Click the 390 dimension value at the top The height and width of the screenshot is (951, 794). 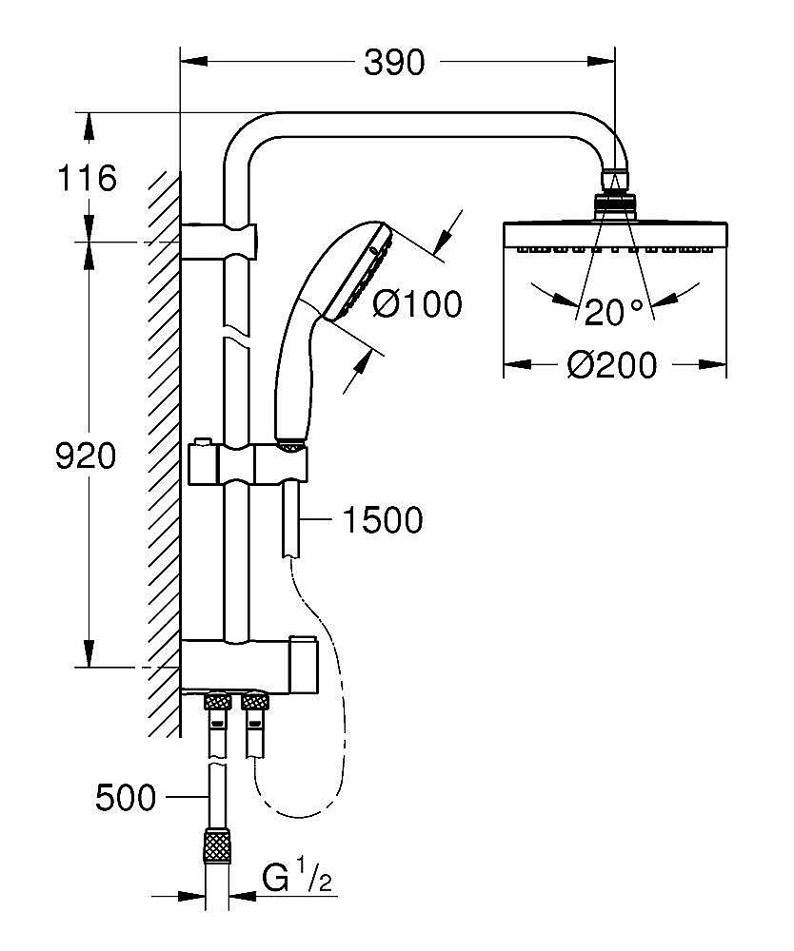394,63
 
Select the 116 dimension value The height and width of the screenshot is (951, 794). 87,178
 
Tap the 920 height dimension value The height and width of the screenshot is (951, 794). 87,456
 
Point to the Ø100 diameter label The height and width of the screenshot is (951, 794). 417,304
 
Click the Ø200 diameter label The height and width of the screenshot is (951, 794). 613,364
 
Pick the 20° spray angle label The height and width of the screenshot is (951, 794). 616,312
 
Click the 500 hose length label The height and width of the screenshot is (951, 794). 126,797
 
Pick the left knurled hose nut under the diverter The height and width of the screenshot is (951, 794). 217,703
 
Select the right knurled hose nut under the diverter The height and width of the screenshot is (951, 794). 254,703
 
